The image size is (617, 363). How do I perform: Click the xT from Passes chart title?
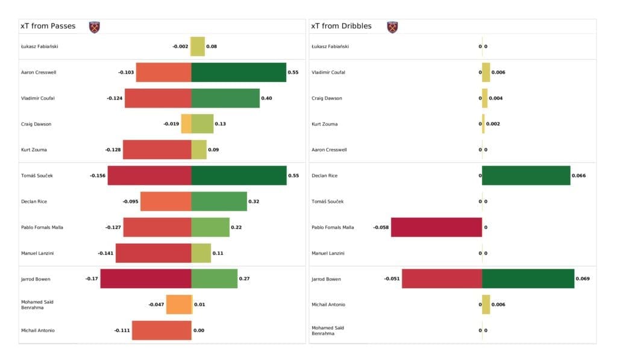(x=48, y=26)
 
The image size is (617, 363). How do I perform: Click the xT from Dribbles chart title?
(x=341, y=26)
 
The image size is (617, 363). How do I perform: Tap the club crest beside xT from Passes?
(x=94, y=27)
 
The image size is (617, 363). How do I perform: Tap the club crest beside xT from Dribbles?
(x=392, y=27)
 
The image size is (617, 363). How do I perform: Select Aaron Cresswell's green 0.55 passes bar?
(x=239, y=72)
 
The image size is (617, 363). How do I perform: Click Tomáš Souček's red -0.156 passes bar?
(x=149, y=175)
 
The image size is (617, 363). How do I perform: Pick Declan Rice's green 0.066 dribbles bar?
(x=525, y=175)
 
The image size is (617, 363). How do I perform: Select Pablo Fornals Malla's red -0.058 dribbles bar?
(x=436, y=227)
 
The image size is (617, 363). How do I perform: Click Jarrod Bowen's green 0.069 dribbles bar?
(x=528, y=279)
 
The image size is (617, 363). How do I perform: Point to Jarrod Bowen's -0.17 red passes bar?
(x=146, y=279)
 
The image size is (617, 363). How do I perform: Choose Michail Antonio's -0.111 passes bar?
(x=161, y=330)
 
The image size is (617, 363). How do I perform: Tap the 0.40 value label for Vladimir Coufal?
(x=266, y=98)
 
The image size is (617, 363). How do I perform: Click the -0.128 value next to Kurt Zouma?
(x=113, y=150)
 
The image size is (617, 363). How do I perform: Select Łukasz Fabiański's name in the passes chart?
(x=40, y=46)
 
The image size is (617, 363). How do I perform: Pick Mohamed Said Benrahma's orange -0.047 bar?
(x=179, y=305)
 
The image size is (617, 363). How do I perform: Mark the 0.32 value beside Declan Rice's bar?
(x=254, y=201)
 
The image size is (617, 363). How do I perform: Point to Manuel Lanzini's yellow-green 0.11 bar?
(x=201, y=253)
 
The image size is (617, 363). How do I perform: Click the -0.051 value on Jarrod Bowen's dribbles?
(x=392, y=279)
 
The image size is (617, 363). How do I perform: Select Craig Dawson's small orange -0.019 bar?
(x=186, y=124)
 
